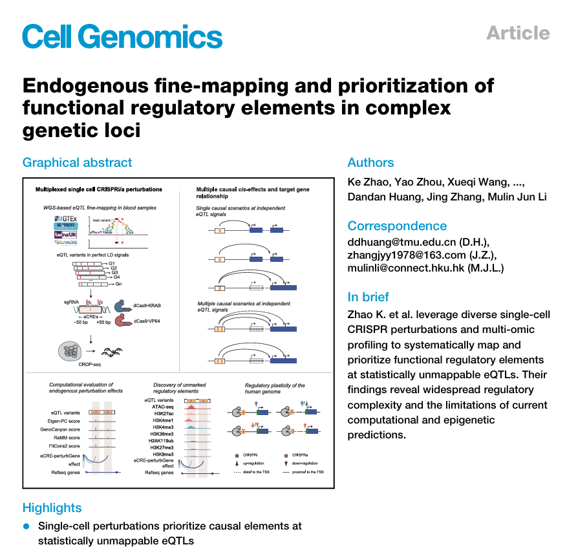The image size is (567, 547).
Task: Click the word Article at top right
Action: (518, 33)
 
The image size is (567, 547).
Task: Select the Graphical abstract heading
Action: (77, 163)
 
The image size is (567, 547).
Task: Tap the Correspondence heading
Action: (397, 226)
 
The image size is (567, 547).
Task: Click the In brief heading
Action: (369, 297)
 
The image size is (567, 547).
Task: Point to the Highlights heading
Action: (52, 508)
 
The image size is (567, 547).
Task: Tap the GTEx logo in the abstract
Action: (67, 221)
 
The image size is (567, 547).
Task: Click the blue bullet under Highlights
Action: (27, 526)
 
